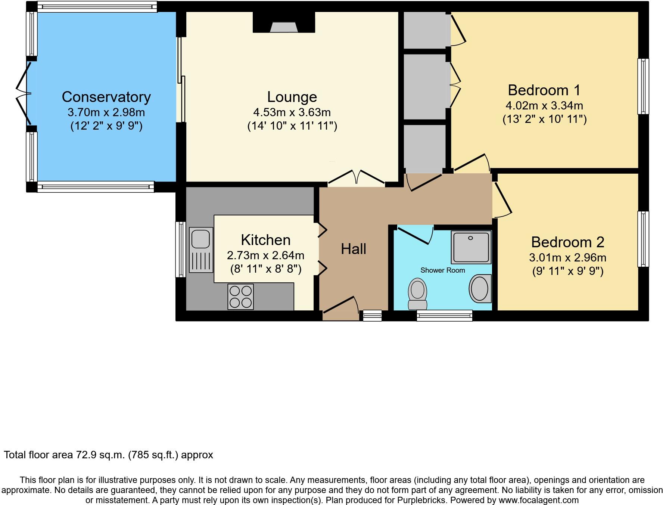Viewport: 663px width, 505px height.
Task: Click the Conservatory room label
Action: click(106, 97)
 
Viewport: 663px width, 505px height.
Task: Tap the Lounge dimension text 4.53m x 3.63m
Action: click(292, 112)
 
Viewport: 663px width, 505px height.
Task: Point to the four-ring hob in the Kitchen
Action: click(240, 297)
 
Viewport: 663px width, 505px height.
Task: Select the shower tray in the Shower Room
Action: click(471, 247)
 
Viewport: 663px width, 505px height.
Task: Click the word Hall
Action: click(353, 249)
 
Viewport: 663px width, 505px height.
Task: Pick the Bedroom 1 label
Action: click(544, 90)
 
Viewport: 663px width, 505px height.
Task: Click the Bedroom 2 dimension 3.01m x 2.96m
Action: click(567, 257)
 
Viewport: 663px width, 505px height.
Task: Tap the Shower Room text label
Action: click(442, 270)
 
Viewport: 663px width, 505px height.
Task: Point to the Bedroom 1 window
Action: click(643, 86)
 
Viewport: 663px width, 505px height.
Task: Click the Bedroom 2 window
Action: click(643, 239)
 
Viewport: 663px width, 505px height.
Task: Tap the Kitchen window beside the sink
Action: click(181, 249)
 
